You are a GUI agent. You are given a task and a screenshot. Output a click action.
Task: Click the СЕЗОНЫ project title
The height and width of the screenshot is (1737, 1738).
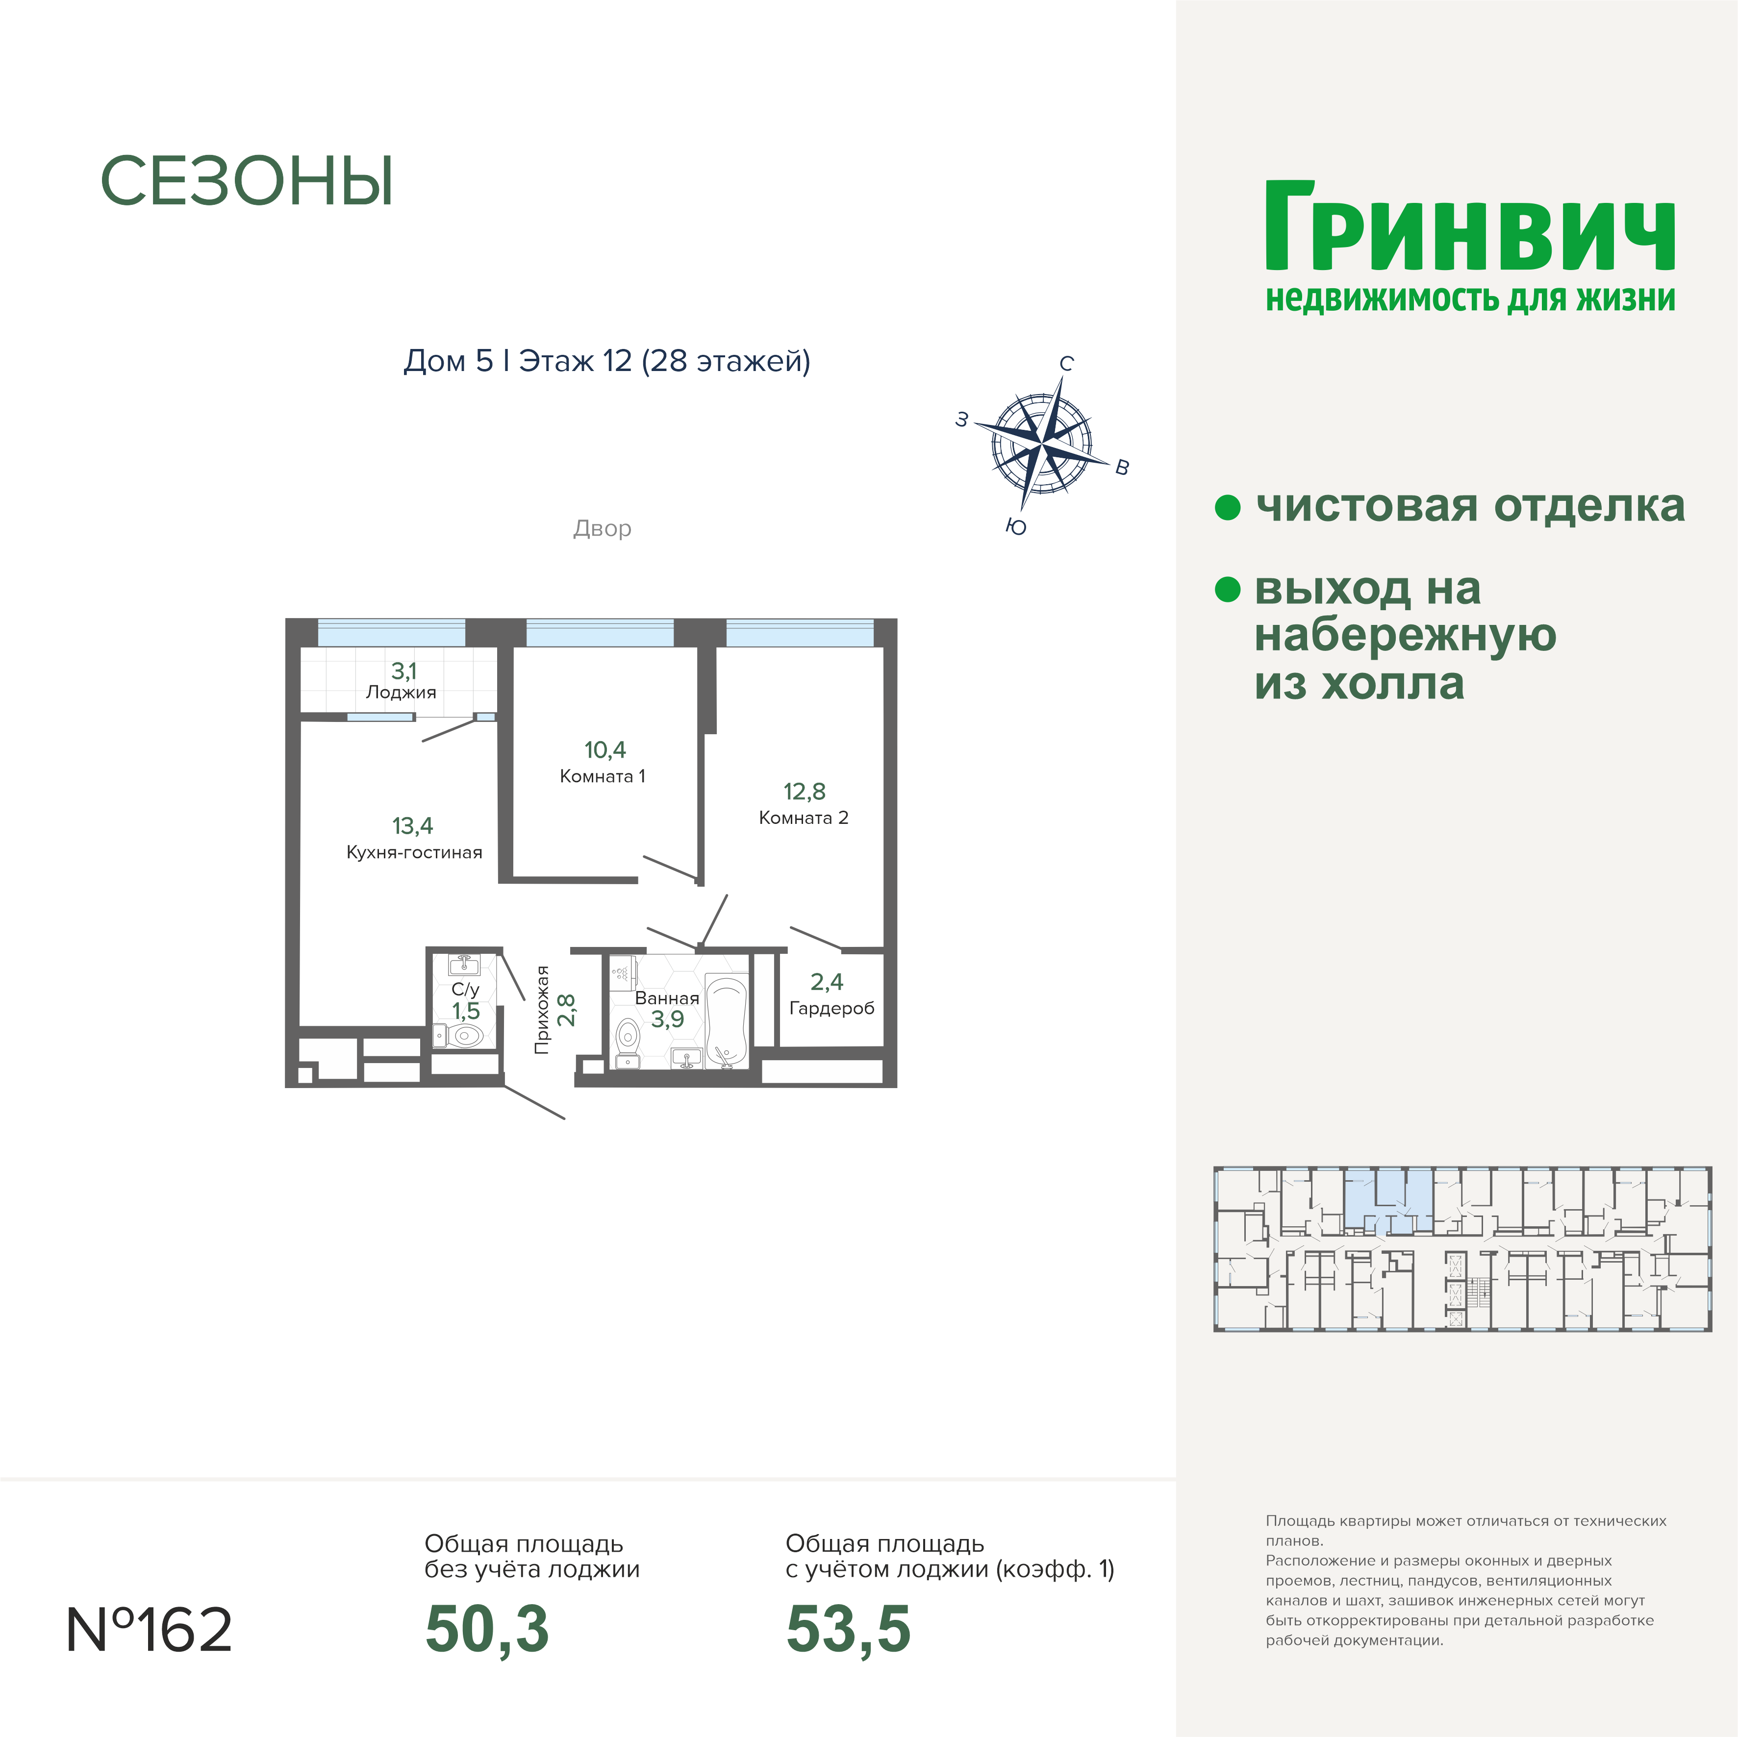click(247, 182)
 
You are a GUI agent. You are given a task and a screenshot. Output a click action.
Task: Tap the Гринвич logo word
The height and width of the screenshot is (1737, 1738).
click(1470, 227)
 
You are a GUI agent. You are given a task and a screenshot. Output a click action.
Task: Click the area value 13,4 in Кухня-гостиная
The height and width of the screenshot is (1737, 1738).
click(412, 826)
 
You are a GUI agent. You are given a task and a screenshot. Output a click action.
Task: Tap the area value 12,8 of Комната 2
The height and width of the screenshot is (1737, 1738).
click(804, 792)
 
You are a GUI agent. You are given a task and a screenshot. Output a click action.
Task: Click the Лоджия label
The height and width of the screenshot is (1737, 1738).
click(401, 693)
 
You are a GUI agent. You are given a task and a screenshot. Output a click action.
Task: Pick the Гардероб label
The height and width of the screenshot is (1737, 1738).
click(831, 1008)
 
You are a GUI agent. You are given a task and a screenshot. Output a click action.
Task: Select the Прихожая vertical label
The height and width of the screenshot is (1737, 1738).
click(542, 1009)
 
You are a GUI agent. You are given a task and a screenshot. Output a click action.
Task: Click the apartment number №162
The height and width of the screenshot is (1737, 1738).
click(150, 1630)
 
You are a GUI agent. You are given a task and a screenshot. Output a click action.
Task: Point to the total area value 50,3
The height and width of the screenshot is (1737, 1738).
click(487, 1630)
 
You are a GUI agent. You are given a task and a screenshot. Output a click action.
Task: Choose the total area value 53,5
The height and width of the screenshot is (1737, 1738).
click(848, 1630)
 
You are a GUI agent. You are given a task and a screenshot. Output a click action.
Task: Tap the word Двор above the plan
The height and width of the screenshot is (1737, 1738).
click(602, 528)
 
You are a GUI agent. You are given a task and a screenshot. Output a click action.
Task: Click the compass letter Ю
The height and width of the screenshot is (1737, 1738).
click(1016, 527)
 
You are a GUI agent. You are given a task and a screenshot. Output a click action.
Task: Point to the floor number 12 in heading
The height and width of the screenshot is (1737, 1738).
click(617, 361)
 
